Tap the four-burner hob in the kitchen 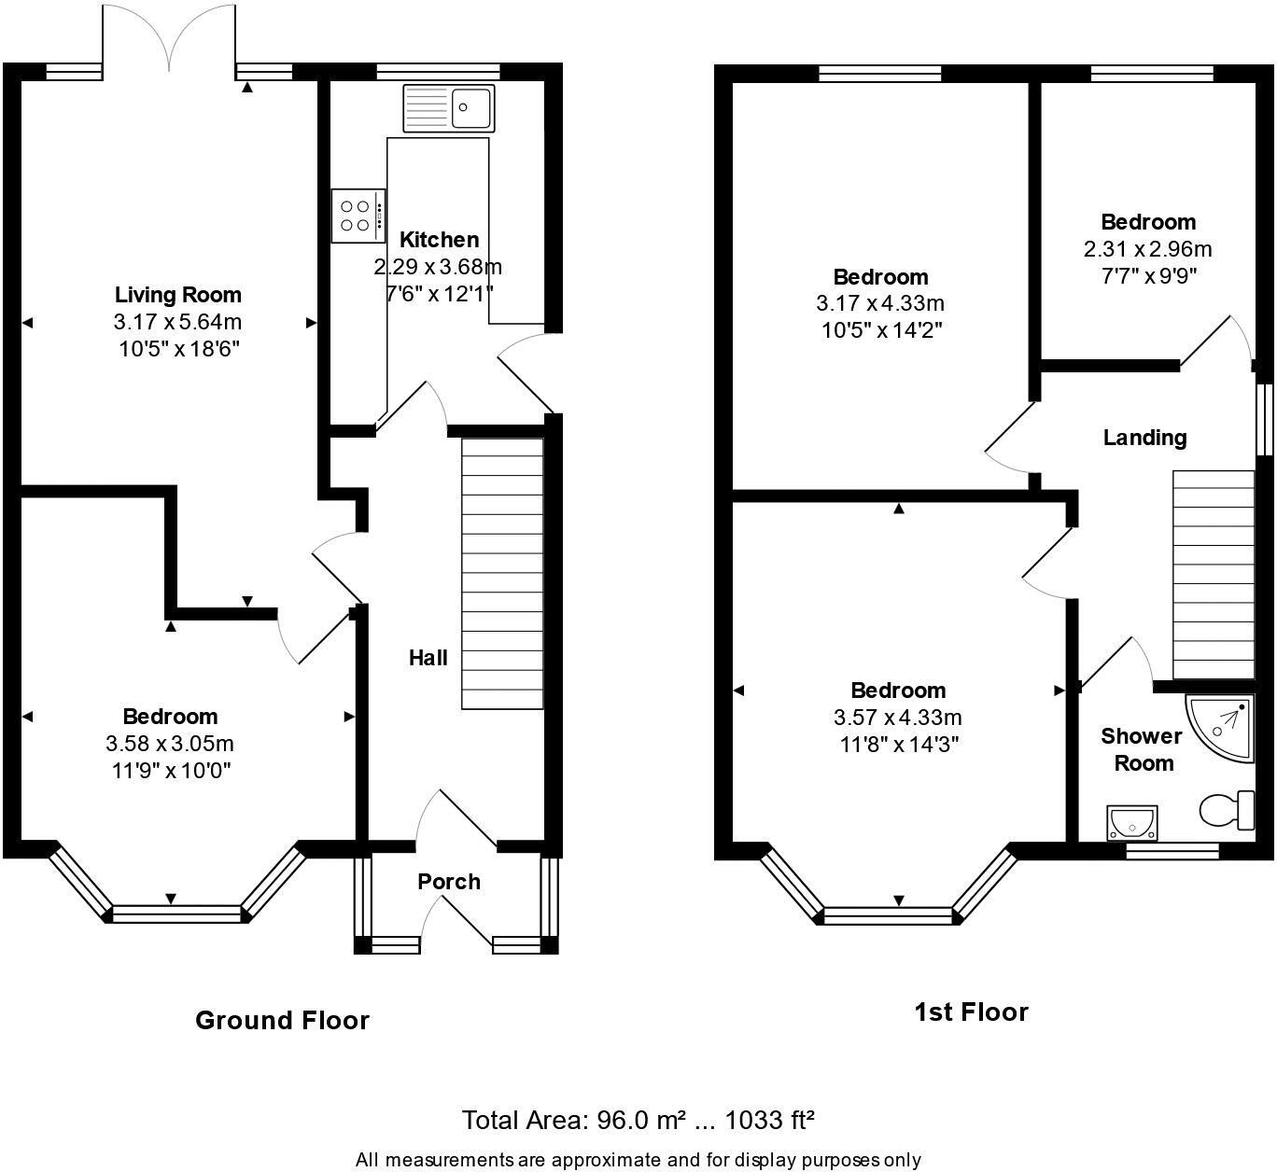[x=358, y=216]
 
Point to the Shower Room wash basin [x=1131, y=823]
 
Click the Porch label [x=449, y=882]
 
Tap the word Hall [x=428, y=658]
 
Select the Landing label [x=1144, y=438]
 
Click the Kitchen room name [x=439, y=240]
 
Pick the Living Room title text [x=178, y=295]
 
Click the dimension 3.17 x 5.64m [x=178, y=323]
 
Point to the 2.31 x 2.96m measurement [x=1147, y=249]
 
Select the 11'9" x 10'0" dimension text [x=170, y=771]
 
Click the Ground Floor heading [x=282, y=1020]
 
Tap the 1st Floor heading [x=971, y=1012]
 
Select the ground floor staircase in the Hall [x=502, y=573]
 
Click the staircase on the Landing [x=1213, y=575]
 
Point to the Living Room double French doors [x=169, y=37]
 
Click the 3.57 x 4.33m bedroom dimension [x=897, y=718]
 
